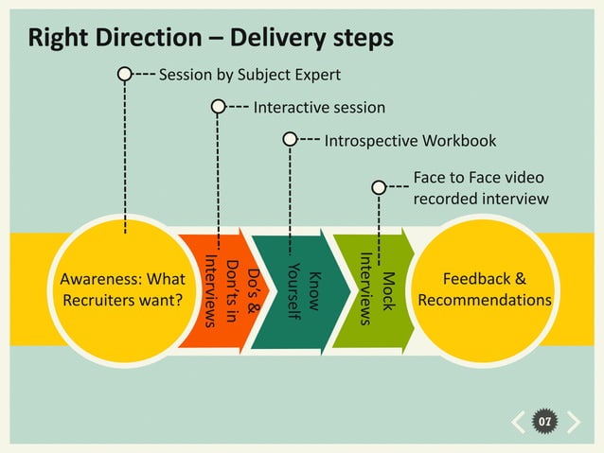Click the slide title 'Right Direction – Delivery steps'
point(210,39)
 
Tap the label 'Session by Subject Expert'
point(250,75)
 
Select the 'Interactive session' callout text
point(319,108)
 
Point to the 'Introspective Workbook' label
point(410,141)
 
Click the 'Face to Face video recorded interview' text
point(481,188)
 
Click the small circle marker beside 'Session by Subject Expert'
point(124,74)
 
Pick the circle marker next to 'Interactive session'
point(219,107)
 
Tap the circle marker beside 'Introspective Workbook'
point(290,140)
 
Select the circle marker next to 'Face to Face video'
point(379,187)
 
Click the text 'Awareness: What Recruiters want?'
point(122,290)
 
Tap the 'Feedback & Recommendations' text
point(485,290)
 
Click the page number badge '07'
point(544,421)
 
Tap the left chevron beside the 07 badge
point(518,421)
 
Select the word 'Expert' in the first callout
point(316,75)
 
